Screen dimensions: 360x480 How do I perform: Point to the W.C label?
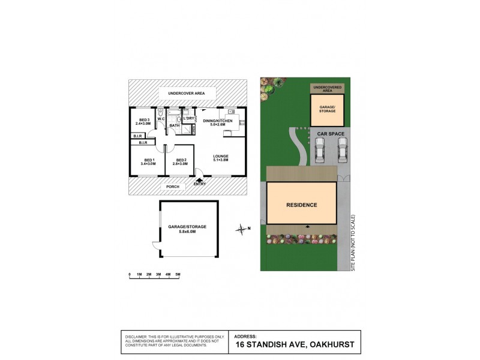click(161, 119)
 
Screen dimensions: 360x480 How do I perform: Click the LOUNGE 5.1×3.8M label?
click(221, 159)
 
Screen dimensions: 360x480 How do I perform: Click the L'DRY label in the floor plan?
click(188, 118)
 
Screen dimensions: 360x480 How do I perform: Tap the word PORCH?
click(173, 187)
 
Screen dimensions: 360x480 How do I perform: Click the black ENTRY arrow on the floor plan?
click(199, 177)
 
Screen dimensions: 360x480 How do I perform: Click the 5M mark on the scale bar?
click(178, 274)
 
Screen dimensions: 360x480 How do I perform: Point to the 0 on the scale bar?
click(130, 274)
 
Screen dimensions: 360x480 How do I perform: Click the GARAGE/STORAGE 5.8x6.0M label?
click(187, 229)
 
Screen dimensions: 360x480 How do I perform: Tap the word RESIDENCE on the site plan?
click(301, 205)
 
